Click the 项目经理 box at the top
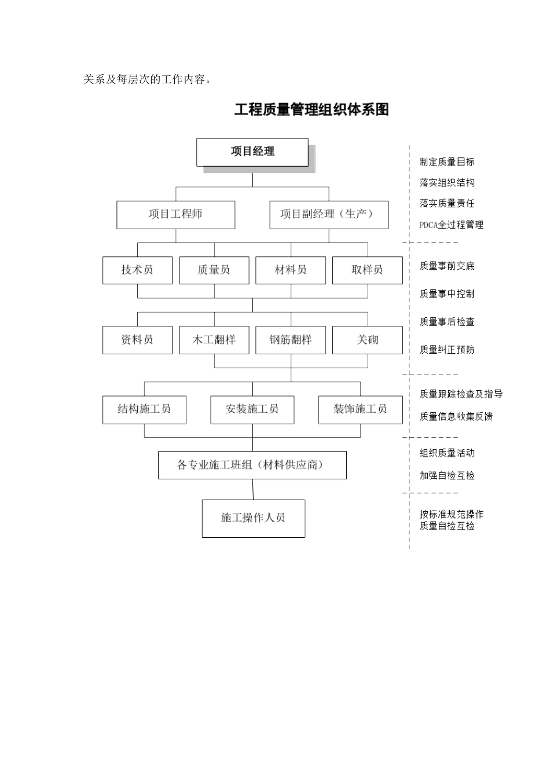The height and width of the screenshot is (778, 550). pos(252,152)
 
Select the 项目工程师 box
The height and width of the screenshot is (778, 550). pos(175,215)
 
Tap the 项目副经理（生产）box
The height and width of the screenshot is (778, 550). pos(329,215)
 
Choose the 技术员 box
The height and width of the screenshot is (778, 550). pos(137,270)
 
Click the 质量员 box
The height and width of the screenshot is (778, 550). pos(214,270)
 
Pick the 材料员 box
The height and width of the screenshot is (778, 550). pos(291,270)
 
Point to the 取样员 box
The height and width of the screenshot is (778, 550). pos(367,270)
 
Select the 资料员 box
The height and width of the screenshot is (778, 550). pos(137,340)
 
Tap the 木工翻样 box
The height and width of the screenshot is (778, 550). pos(214,340)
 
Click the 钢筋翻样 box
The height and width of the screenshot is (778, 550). pos(291,340)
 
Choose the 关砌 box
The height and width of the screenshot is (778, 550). pos(367,340)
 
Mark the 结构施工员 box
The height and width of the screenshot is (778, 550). pos(144,410)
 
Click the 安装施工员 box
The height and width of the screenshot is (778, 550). pos(252,410)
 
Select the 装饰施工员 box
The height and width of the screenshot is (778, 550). pos(360,410)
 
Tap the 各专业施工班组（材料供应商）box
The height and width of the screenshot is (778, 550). pos(252,465)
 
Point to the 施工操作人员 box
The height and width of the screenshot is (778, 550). pos(253,518)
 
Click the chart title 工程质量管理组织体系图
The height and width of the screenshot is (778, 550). pos(311,109)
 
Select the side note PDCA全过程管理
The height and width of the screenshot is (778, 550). pos(451,225)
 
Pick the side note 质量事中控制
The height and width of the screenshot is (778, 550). pos(446,294)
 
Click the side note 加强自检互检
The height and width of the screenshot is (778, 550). pos(446,476)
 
